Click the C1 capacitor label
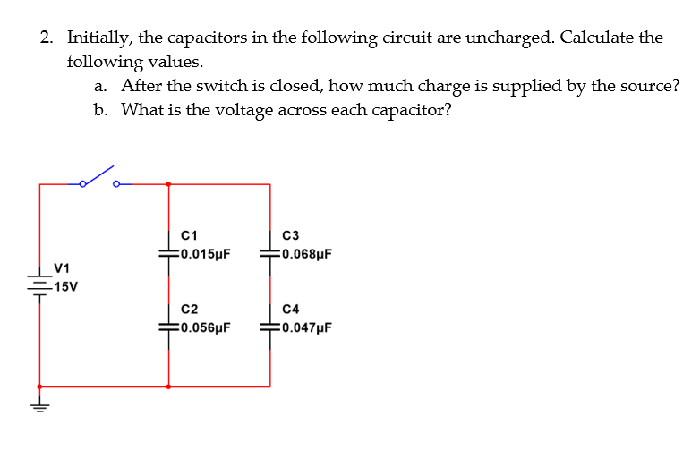click(188, 236)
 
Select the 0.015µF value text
click(205, 253)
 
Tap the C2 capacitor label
click(188, 310)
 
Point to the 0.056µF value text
click(205, 327)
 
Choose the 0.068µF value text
click(306, 253)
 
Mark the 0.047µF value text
click(306, 327)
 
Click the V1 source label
click(62, 267)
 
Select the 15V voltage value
click(65, 287)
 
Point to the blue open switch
click(98, 178)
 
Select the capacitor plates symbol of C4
click(269, 327)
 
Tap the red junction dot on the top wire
click(169, 184)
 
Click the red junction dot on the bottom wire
click(169, 386)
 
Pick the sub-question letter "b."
click(101, 109)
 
